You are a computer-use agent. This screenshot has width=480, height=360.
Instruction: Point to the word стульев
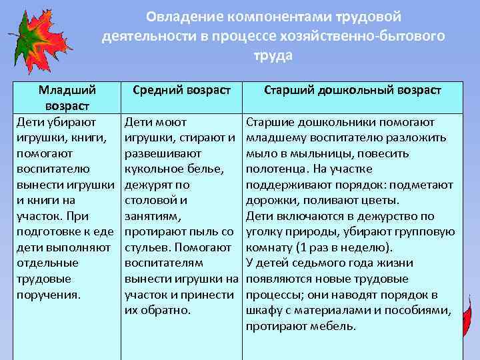tap(145, 247)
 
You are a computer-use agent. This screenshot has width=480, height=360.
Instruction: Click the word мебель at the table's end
tap(333, 325)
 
